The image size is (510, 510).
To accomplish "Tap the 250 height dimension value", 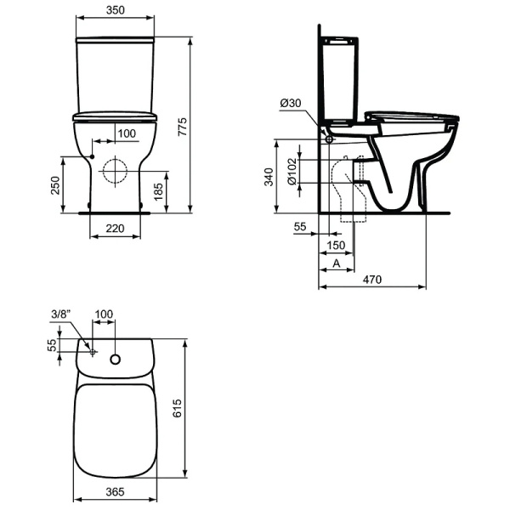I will (54, 184).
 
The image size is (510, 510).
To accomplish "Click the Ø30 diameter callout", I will (290, 103).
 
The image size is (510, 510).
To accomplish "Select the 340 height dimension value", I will (268, 177).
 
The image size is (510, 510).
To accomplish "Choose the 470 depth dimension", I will (372, 280).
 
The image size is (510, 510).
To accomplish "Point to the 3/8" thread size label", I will (60, 314).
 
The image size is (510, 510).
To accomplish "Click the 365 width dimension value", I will (116, 492).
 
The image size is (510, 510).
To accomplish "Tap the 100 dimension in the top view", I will (104, 314).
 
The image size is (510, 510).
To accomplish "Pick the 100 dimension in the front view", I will (126, 133).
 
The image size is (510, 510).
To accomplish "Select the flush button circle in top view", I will (116, 358).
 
